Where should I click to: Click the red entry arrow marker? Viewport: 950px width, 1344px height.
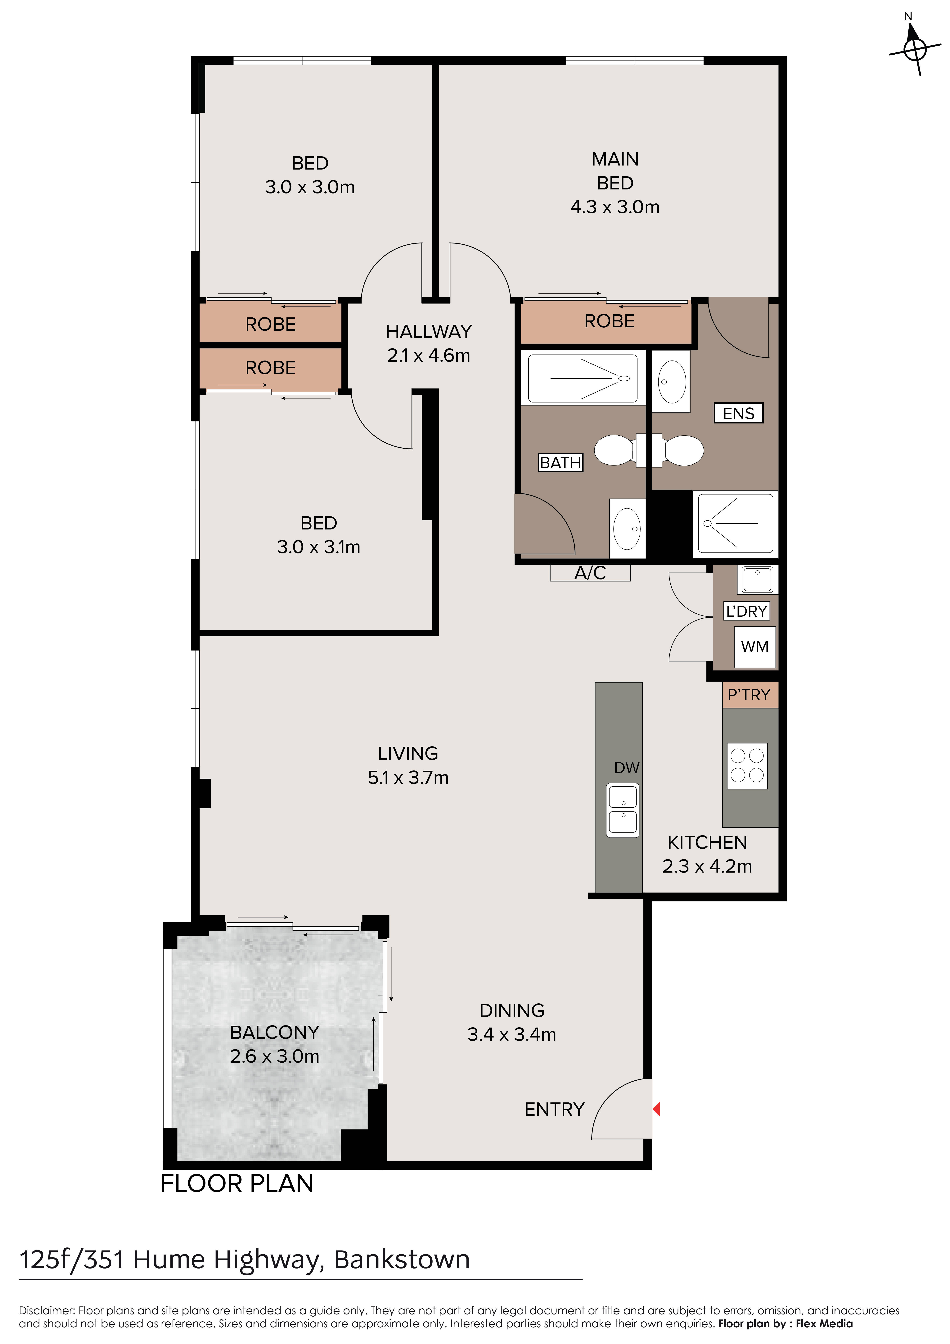656,1108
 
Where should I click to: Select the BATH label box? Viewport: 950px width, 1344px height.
560,462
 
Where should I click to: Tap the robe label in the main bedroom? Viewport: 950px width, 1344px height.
609,321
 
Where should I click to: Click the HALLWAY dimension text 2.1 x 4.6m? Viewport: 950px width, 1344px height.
428,355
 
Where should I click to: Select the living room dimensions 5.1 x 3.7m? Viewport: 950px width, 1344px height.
408,777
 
